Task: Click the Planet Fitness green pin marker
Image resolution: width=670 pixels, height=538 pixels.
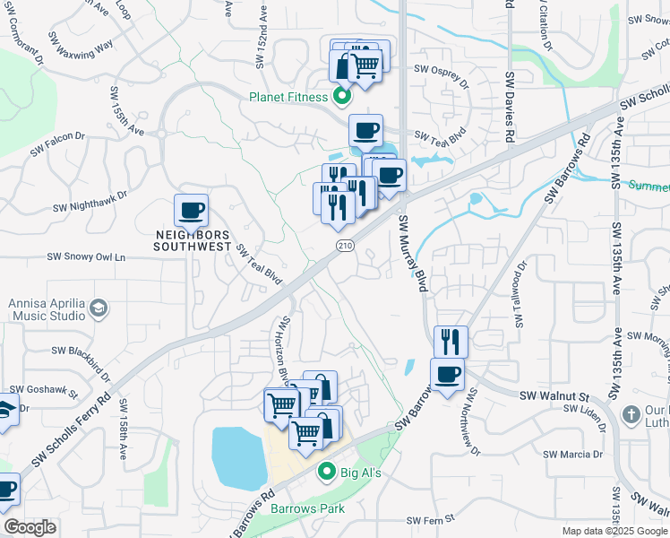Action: (x=340, y=96)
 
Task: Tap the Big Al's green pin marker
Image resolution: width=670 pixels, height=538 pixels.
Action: (x=327, y=472)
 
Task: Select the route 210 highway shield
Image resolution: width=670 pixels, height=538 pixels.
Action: (x=343, y=245)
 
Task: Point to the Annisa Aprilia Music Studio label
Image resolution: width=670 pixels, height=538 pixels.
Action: (x=46, y=309)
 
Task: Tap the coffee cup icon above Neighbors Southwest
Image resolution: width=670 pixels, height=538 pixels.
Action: (x=192, y=212)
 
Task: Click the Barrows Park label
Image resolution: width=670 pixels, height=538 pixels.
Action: (x=307, y=508)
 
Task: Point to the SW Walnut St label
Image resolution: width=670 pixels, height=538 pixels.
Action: (x=553, y=395)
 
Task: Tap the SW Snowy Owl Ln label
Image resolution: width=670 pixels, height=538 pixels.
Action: (x=87, y=257)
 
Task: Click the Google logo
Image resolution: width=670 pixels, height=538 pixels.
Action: (x=30, y=526)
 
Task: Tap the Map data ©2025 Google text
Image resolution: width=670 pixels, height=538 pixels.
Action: (x=614, y=531)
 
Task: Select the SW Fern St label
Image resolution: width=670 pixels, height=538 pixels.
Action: (x=431, y=520)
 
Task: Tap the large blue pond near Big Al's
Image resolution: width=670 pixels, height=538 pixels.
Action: (x=237, y=455)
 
